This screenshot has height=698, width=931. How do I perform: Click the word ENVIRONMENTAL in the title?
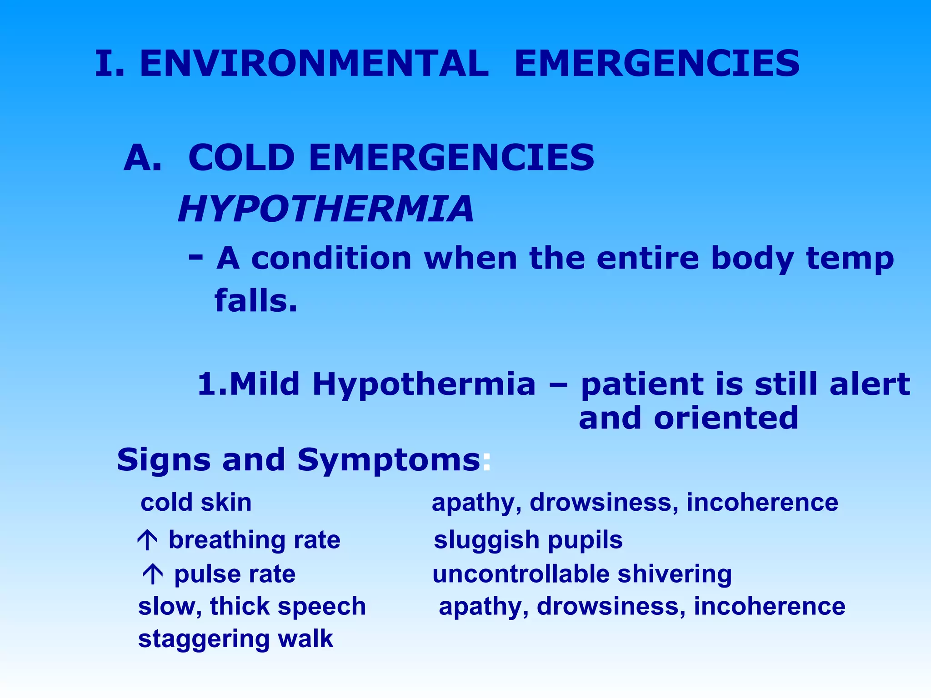(x=314, y=64)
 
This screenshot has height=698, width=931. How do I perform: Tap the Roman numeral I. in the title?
(x=109, y=64)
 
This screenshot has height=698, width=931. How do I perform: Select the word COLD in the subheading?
(x=241, y=158)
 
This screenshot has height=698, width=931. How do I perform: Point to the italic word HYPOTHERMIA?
(x=325, y=209)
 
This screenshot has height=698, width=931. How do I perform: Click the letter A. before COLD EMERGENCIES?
(x=142, y=158)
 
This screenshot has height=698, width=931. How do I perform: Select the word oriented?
(x=726, y=418)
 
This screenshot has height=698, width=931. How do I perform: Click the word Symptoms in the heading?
(x=389, y=460)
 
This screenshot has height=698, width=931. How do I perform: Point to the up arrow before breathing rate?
(x=147, y=540)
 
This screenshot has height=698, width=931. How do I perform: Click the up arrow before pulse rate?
(x=153, y=574)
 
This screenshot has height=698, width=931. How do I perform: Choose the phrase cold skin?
(x=196, y=503)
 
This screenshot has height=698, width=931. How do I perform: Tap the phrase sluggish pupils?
(x=528, y=540)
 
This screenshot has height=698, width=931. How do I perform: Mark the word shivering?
(x=675, y=574)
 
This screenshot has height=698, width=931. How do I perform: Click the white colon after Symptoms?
(x=486, y=461)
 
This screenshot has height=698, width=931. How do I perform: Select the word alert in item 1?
(x=870, y=384)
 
